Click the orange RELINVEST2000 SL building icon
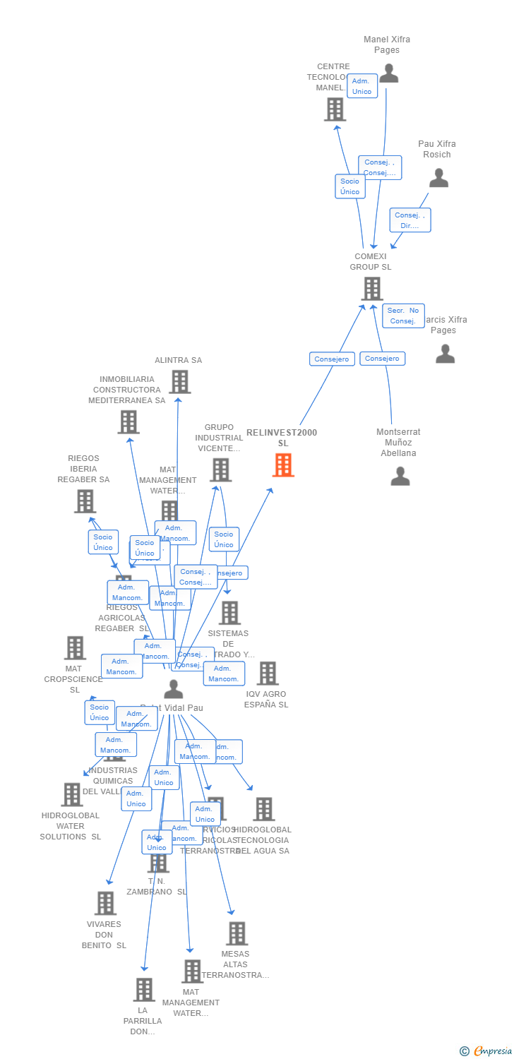283,465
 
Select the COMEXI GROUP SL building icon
372,289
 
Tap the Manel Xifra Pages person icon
388,73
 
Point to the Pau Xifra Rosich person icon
438,178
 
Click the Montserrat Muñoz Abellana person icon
400,477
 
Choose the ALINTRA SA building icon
180,382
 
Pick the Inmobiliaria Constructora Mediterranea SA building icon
128,422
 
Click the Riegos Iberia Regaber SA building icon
85,501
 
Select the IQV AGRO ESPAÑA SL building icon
268,674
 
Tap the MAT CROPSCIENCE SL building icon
75,647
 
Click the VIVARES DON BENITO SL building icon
105,903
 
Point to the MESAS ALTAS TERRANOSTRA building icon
237,933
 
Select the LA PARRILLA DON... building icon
144,990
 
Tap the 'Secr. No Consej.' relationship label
403,316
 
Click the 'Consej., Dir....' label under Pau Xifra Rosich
410,220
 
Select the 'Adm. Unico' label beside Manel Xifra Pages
362,86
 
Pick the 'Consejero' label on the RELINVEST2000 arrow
332,359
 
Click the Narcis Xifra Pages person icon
445,354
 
